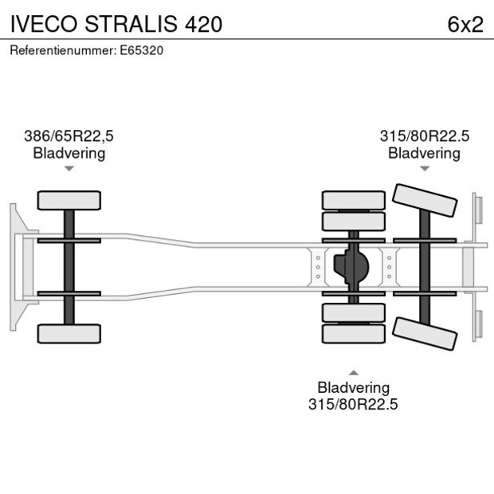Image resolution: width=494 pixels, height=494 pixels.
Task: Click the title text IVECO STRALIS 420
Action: [x=116, y=24]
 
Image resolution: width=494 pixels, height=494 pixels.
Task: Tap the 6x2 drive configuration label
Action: [x=465, y=24]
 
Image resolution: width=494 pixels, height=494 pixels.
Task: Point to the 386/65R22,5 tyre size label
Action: [x=69, y=136]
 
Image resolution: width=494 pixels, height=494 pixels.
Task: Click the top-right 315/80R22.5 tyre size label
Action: [x=424, y=136]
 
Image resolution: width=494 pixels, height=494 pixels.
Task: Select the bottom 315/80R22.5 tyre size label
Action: [x=353, y=404]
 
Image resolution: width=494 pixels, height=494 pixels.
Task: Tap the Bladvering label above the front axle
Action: [x=69, y=153]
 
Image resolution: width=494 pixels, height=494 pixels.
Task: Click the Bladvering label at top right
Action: [x=424, y=153]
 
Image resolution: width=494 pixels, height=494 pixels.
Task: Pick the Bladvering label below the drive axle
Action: [x=353, y=387]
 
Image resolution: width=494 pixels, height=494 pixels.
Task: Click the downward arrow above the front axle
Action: [x=69, y=169]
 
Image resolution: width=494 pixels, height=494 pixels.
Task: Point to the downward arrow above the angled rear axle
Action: [x=424, y=169]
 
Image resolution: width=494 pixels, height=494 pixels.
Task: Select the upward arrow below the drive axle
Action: [x=353, y=372]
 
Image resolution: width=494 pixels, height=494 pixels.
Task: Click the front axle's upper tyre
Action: [x=69, y=200]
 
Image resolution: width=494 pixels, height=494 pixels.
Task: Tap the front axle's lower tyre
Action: [x=69, y=333]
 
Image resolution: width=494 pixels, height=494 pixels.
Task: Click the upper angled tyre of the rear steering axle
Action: [x=425, y=200]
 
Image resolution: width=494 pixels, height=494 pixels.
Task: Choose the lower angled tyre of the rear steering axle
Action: [x=425, y=332]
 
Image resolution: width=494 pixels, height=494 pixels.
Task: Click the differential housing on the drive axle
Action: [x=354, y=266]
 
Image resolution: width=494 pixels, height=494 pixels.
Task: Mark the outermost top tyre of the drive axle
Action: [x=353, y=199]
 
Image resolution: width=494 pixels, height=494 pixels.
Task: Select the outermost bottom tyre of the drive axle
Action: [x=353, y=334]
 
